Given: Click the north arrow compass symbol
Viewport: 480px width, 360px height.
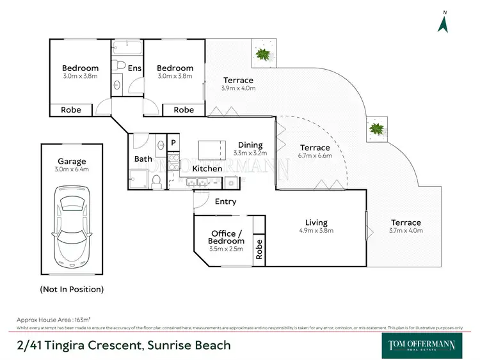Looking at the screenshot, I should [x=442, y=23].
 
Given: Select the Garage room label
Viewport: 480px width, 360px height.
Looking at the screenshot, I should [x=72, y=161].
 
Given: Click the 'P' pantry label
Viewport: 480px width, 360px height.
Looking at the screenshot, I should [x=173, y=143].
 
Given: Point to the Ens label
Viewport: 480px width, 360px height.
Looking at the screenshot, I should [x=134, y=68].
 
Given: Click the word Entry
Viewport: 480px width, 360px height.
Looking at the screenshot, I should [x=225, y=201].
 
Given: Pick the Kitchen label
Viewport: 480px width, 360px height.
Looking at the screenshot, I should [x=207, y=169].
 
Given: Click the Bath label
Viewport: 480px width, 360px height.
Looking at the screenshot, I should [x=143, y=159].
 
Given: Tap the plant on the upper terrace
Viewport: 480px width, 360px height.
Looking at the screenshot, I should [x=262, y=54].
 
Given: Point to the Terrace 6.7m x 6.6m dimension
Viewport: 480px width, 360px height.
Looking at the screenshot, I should [x=316, y=156].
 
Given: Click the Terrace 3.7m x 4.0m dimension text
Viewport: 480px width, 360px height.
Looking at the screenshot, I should [x=406, y=231].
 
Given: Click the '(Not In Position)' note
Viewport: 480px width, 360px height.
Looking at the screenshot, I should [x=72, y=289].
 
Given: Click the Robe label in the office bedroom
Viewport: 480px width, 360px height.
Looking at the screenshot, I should [x=259, y=249].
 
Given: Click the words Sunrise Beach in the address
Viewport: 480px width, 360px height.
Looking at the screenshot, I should [x=189, y=346].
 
